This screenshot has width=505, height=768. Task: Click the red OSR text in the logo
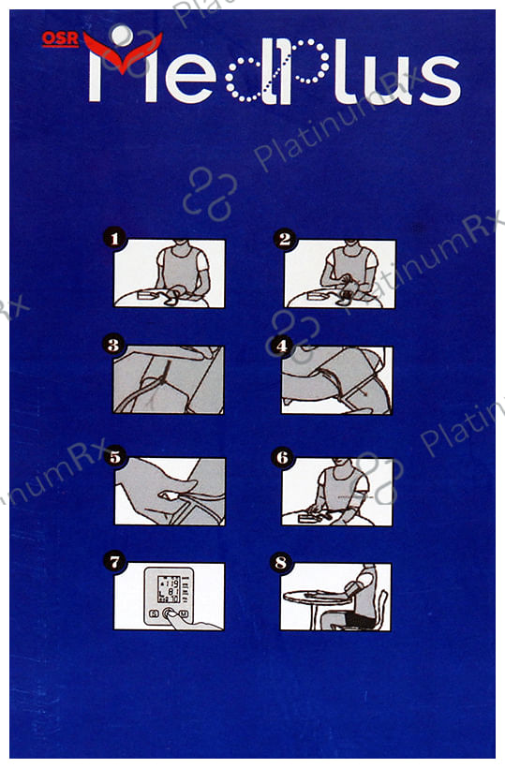[x=60, y=39]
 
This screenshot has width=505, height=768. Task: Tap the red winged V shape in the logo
[x=123, y=52]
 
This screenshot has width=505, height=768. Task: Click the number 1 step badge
[x=114, y=239]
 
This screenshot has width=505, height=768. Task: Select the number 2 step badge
[x=285, y=239]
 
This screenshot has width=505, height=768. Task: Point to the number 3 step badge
[x=113, y=345]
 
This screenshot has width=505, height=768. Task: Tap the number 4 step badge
[x=282, y=346]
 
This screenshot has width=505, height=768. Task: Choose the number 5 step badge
[x=115, y=457]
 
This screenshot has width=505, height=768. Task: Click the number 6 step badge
[x=282, y=457]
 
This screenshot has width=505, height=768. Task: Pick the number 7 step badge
[x=114, y=561]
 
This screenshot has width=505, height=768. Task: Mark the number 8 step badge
[x=281, y=562]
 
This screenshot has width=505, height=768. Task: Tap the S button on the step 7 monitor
[x=154, y=613]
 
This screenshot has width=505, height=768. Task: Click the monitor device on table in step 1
[x=148, y=295]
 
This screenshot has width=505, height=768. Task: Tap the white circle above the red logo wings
[x=122, y=35]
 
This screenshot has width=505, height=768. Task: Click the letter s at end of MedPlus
[x=439, y=81]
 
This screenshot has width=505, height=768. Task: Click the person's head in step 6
[x=341, y=463]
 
